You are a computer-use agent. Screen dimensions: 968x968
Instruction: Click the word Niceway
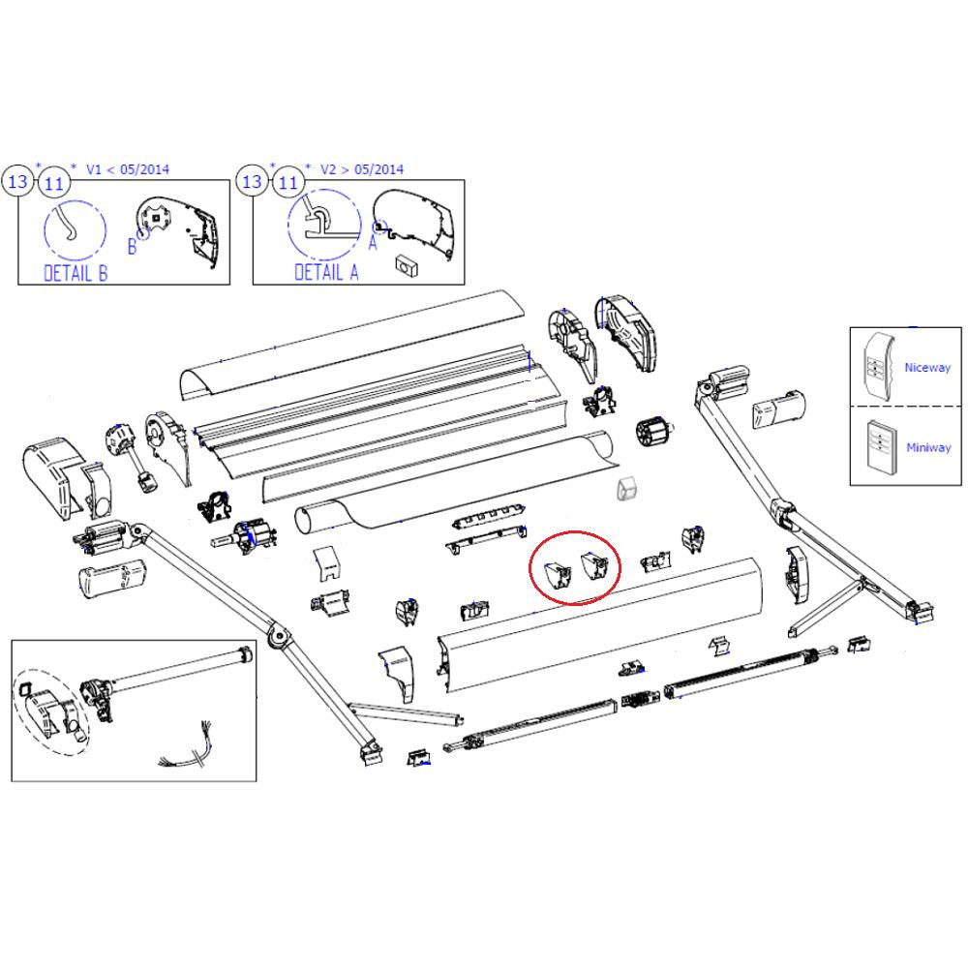[x=926, y=368]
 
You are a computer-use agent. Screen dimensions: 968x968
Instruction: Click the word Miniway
[x=927, y=448]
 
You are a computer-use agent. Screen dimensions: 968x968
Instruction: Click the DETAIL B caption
[x=76, y=272]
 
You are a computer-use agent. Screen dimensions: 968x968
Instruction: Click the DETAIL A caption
[x=326, y=272]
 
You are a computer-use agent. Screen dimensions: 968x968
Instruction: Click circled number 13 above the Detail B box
[x=18, y=182]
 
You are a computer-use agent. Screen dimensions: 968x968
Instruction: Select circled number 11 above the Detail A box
[x=287, y=182]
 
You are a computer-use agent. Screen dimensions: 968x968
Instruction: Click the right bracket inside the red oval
[x=594, y=568]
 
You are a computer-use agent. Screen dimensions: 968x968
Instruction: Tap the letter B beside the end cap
[x=133, y=248]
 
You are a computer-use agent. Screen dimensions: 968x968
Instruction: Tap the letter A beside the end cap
[x=372, y=243]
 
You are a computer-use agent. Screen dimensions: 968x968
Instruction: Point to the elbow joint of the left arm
[x=279, y=636]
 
